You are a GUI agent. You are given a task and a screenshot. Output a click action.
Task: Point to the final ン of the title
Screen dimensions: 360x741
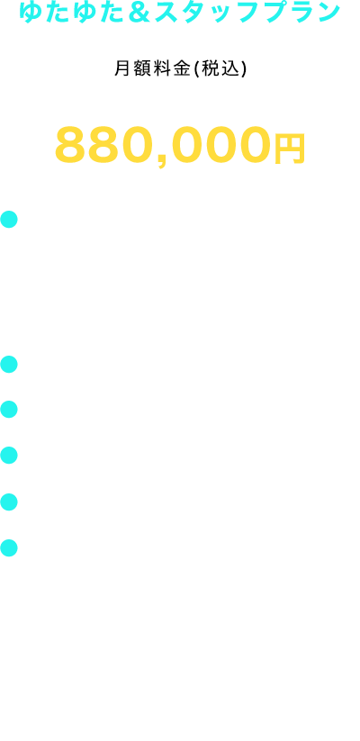tap(327, 13)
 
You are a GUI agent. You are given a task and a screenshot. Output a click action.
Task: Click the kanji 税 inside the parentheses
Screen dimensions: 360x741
tap(206, 69)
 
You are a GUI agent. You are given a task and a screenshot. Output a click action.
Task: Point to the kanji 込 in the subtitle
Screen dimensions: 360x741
tap(226, 69)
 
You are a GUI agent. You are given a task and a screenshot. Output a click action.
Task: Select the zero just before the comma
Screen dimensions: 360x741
tap(141, 144)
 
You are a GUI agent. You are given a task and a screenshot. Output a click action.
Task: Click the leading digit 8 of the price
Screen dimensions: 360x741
tap(72, 144)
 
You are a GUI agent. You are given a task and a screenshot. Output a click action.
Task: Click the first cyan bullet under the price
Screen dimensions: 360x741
tap(9, 220)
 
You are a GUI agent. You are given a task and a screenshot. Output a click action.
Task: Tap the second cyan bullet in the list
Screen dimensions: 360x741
tap(9, 365)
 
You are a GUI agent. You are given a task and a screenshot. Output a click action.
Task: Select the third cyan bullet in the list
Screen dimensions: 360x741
tap(9, 410)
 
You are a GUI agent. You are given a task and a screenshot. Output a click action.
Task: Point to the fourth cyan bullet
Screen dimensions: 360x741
tap(9, 455)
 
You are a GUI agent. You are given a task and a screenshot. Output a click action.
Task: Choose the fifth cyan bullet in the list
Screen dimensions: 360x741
tap(9, 502)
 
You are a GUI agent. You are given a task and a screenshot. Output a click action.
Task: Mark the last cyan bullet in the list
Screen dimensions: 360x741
tap(9, 547)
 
